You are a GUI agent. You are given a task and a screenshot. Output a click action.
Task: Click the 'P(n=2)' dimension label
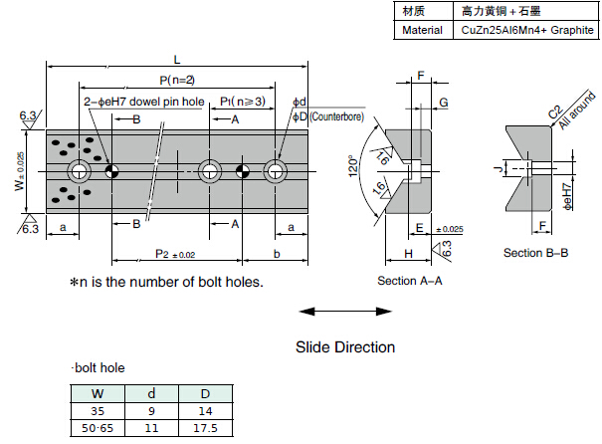tap(176, 80)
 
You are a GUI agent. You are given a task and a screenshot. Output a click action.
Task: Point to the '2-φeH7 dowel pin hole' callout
tap(144, 102)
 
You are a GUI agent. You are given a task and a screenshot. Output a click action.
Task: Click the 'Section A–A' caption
tap(409, 281)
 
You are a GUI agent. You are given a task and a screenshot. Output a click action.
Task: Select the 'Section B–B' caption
tap(535, 253)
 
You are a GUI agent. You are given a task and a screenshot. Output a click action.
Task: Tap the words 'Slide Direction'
tap(344, 347)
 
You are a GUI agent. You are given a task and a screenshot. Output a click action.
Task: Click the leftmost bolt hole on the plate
tap(78, 171)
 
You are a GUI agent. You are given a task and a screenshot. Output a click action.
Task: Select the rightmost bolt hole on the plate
tap(275, 171)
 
